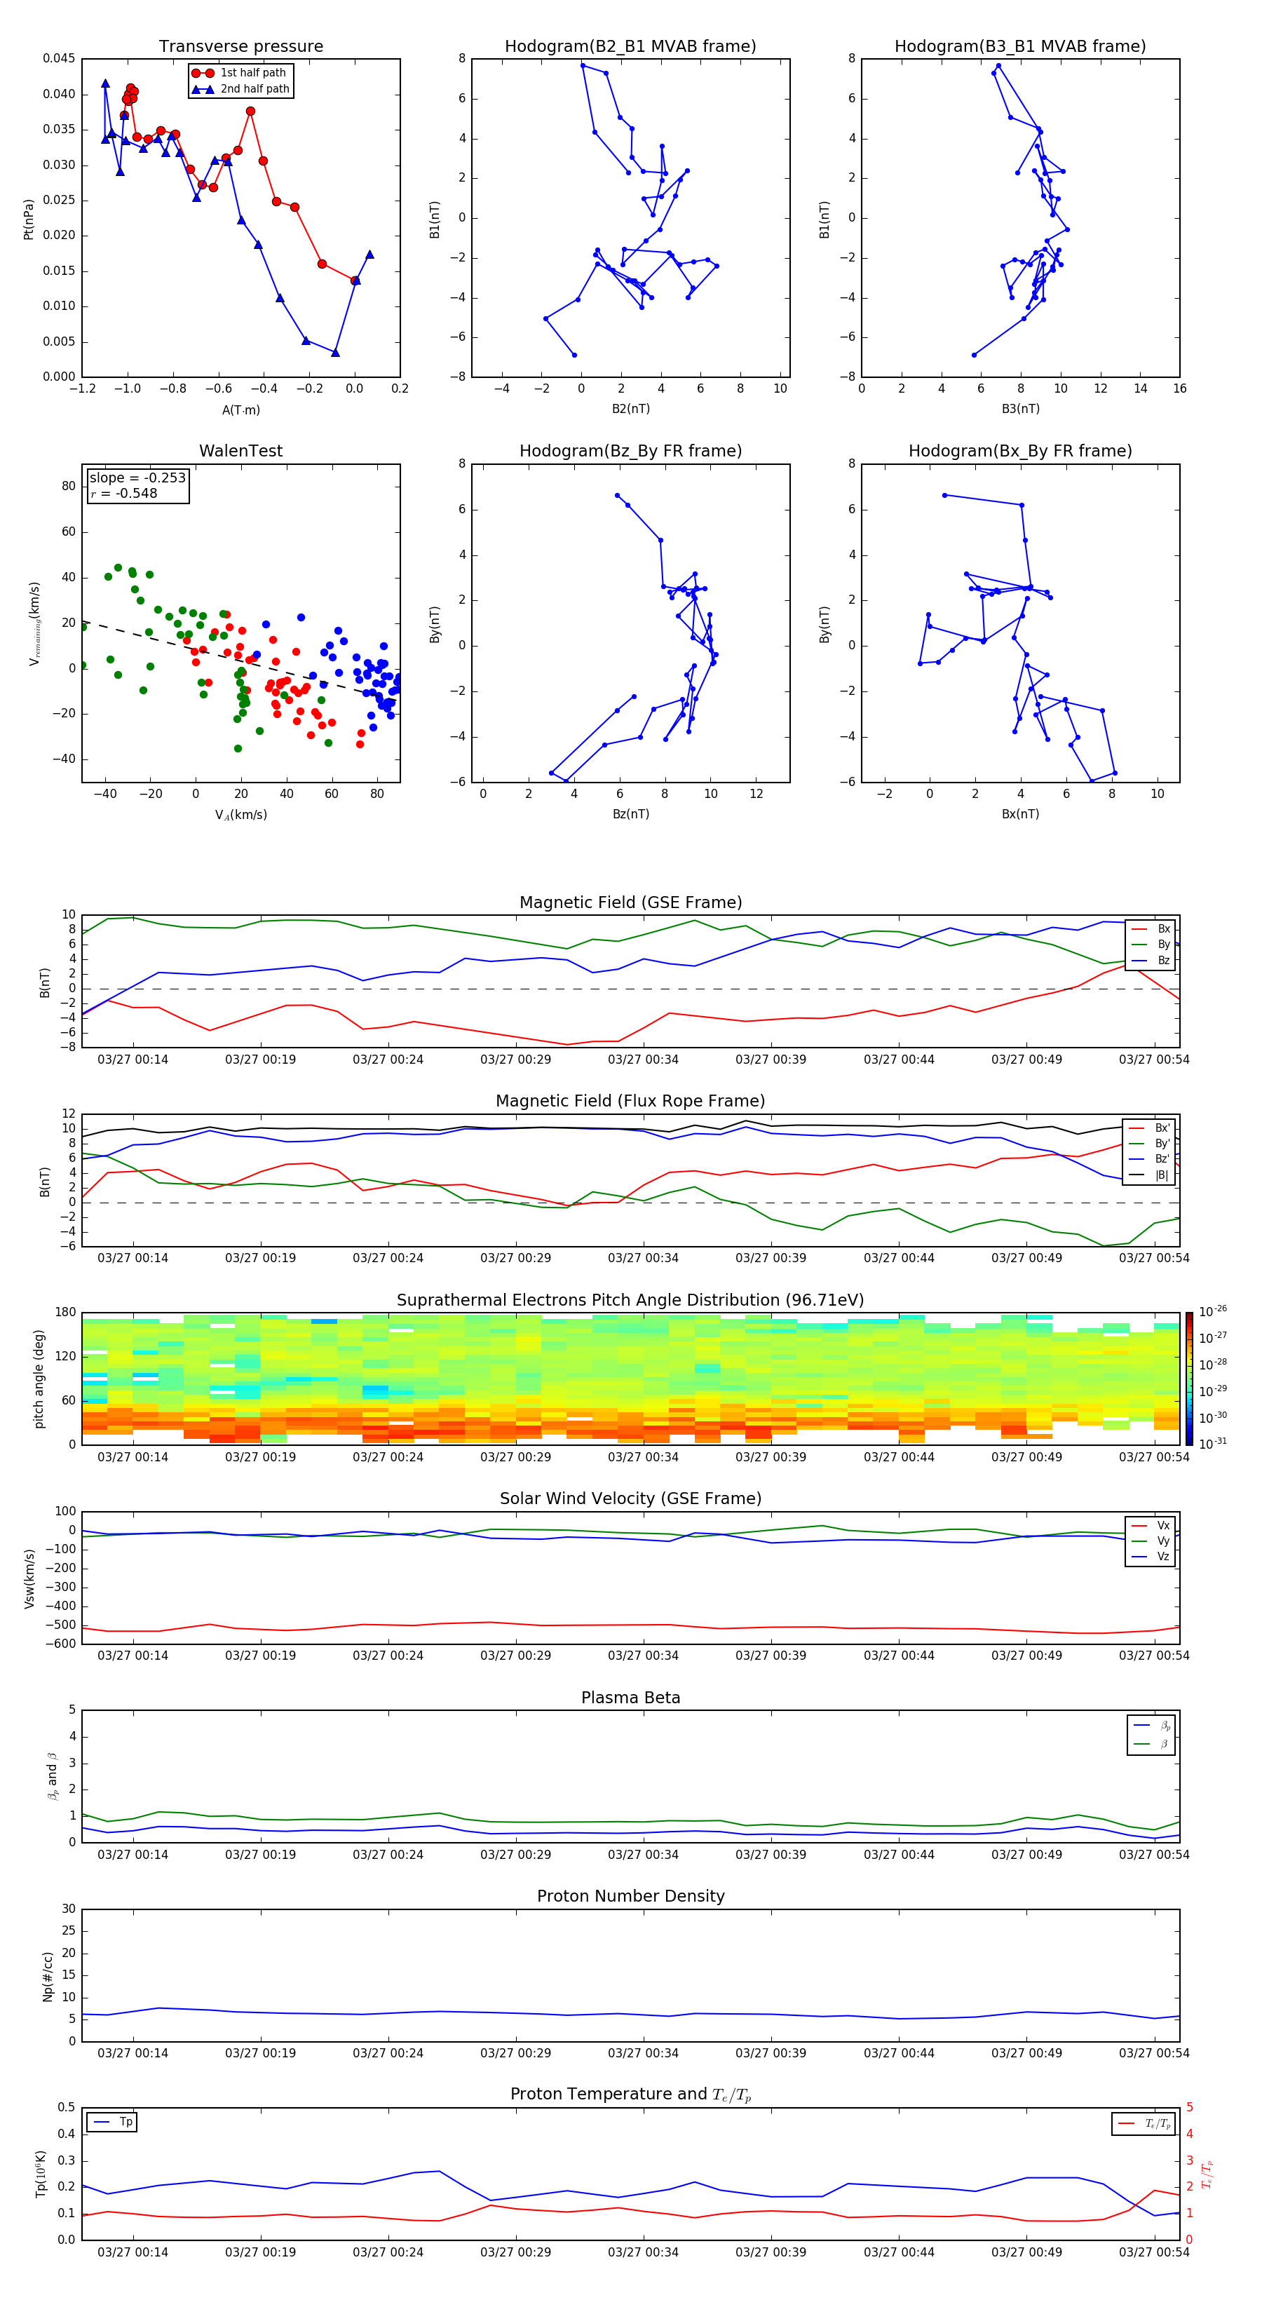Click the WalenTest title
tap(240, 451)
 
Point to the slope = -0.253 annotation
tap(137, 478)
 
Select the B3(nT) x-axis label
tap(1020, 409)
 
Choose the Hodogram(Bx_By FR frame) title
tap(1019, 451)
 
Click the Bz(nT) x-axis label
tap(630, 814)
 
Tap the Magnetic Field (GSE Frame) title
tap(630, 902)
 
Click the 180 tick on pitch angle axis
tap(66, 1313)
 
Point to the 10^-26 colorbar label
tap(1213, 1311)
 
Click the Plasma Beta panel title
tap(630, 1698)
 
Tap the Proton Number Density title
tap(630, 1896)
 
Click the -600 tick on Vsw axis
tap(61, 1644)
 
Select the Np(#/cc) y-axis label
tap(48, 1976)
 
